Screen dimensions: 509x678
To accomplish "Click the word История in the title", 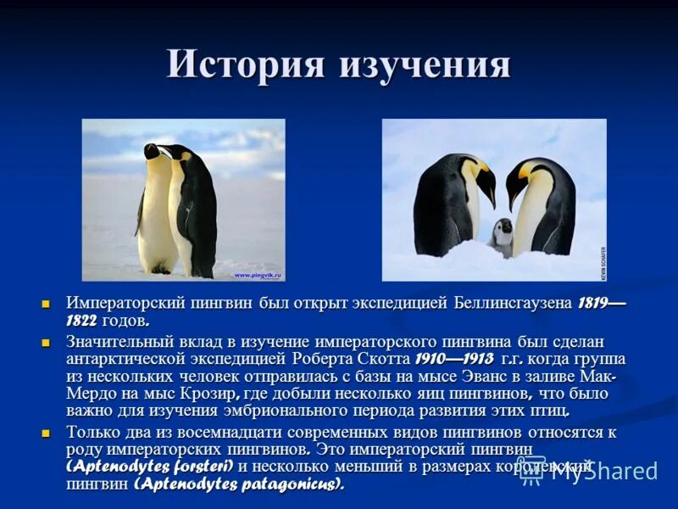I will pos(247,64).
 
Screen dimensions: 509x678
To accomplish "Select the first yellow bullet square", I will pos(47,304).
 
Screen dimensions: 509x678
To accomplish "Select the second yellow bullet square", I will pos(47,342).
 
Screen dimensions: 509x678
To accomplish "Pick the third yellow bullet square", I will pos(47,433).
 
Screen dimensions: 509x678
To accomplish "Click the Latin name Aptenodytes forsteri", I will pos(149,467).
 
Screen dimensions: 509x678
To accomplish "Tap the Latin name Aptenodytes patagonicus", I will pos(239,484).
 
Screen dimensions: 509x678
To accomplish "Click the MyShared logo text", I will pos(603,471).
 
